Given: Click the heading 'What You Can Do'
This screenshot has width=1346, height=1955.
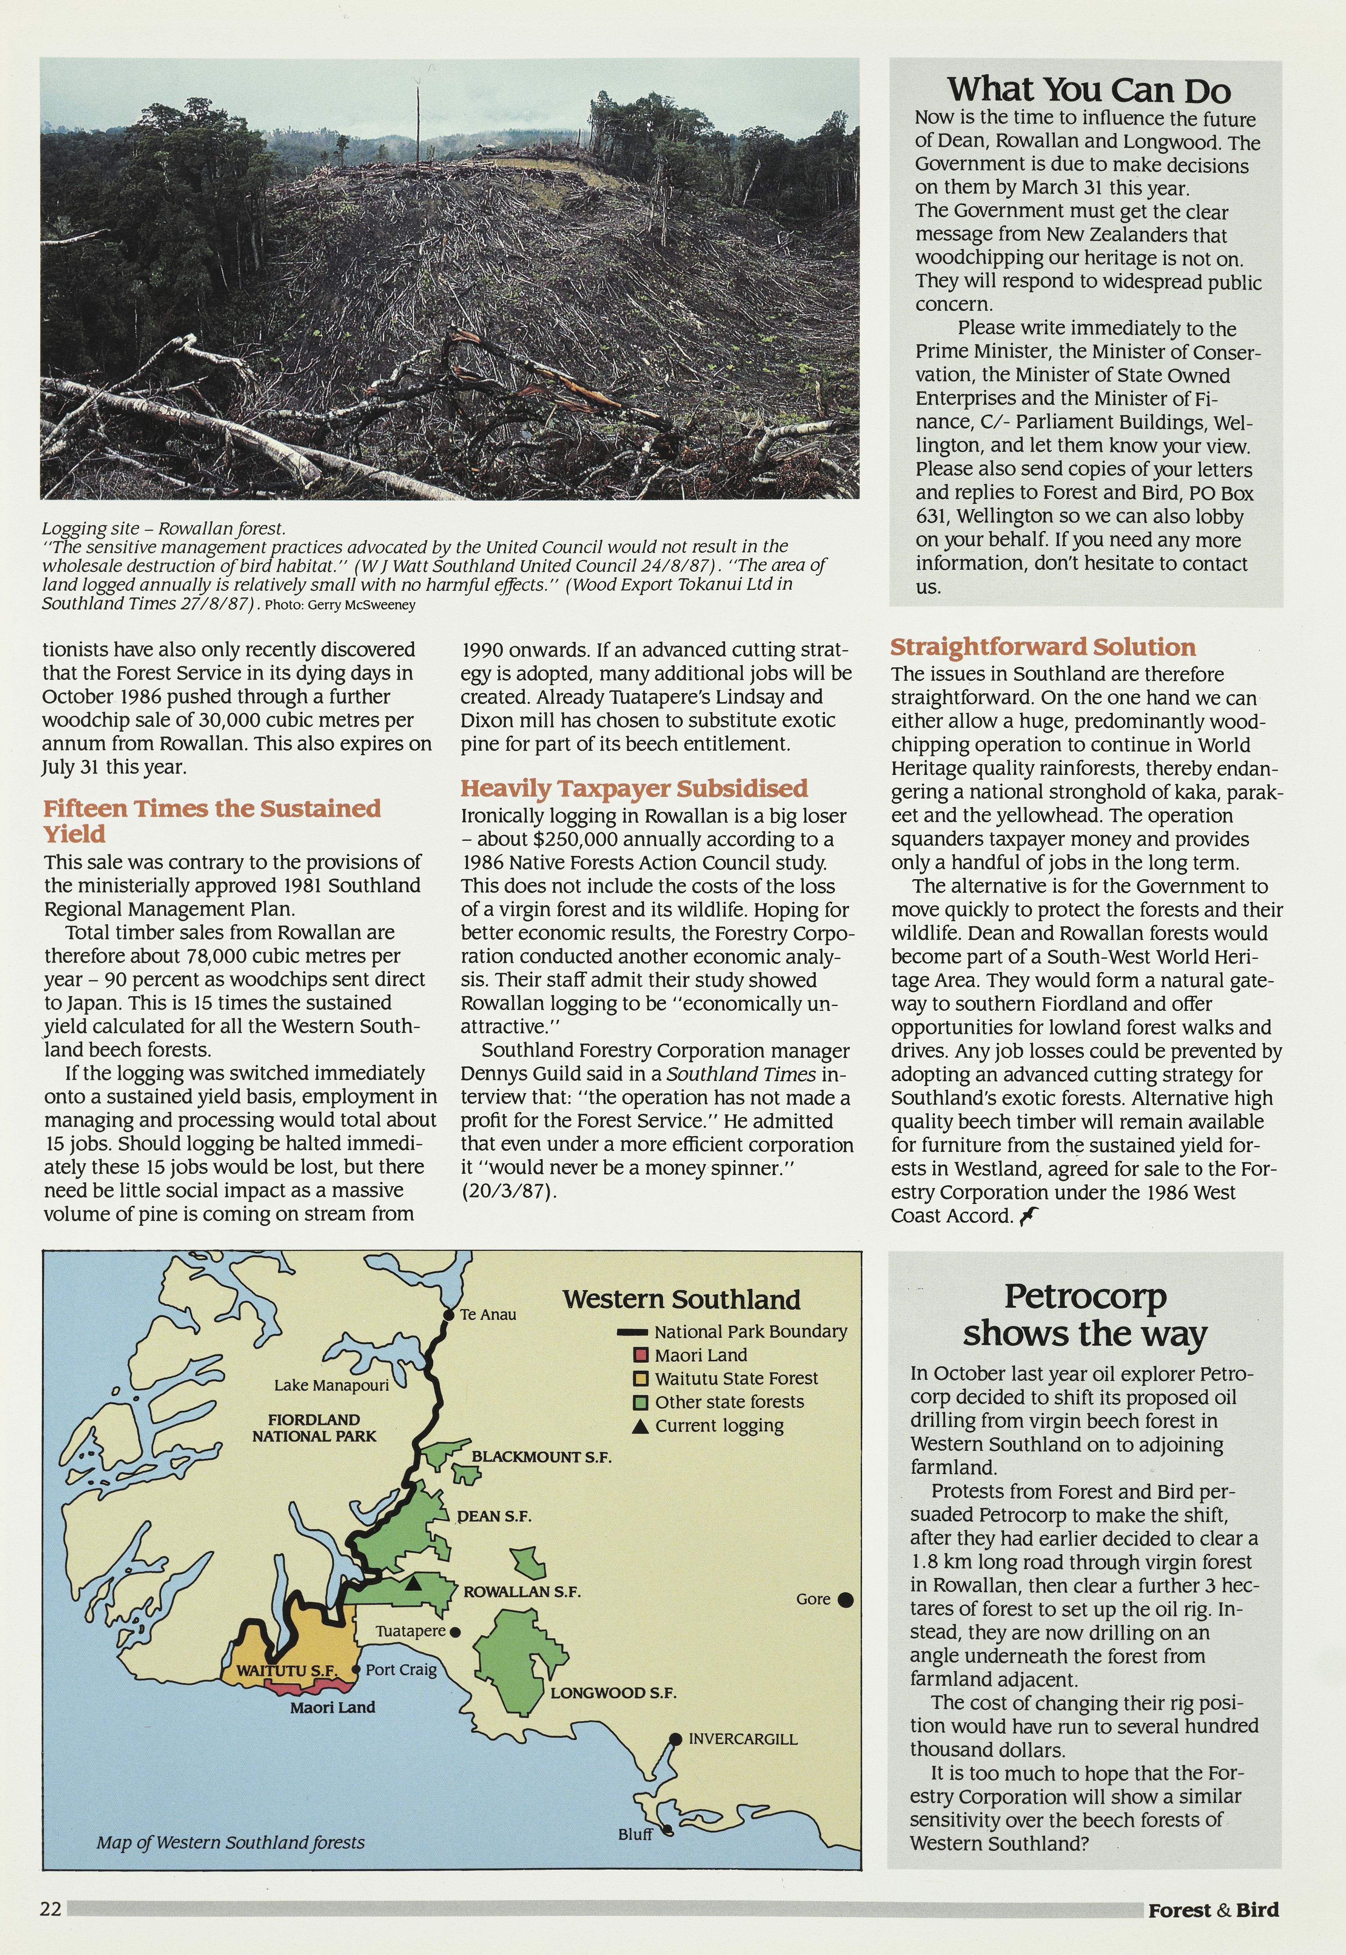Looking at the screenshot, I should point(1088,90).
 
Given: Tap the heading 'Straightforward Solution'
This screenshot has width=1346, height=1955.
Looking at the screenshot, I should point(1043,647).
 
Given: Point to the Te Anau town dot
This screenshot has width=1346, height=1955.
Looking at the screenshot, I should point(449,1314).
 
